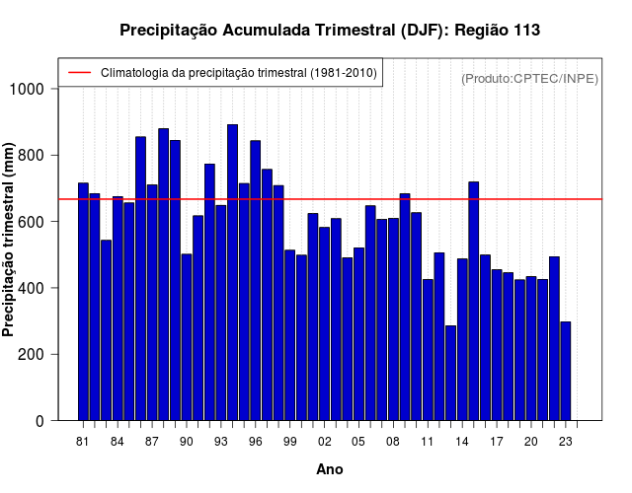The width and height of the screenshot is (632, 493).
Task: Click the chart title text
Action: coord(329,31)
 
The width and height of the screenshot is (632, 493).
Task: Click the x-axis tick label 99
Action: coord(289,442)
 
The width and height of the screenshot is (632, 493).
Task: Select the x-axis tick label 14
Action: coord(462,442)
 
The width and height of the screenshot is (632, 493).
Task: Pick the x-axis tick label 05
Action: coord(358,442)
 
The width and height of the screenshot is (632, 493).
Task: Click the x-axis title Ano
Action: coord(329,470)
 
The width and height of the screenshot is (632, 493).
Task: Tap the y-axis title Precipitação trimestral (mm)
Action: coord(10,250)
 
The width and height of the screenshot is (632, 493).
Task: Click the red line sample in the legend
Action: coord(79,73)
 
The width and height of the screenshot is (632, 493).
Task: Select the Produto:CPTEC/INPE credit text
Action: coord(529,78)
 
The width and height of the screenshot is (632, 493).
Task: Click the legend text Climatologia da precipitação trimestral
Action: coord(239,73)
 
